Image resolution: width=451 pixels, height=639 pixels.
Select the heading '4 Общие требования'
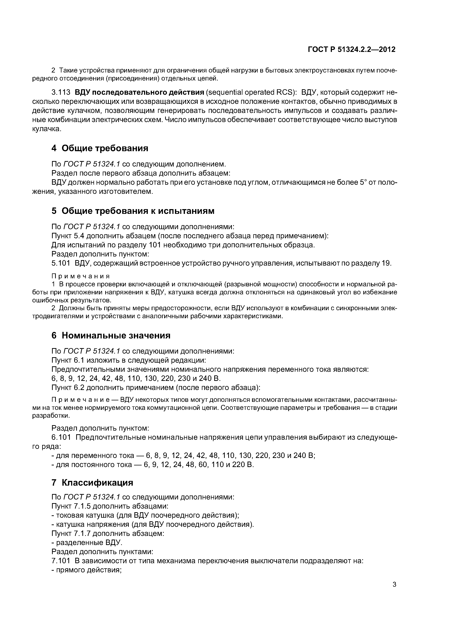100,148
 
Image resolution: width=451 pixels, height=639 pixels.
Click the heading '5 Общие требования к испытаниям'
133,211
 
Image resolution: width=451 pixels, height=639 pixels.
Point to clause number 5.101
61,263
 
